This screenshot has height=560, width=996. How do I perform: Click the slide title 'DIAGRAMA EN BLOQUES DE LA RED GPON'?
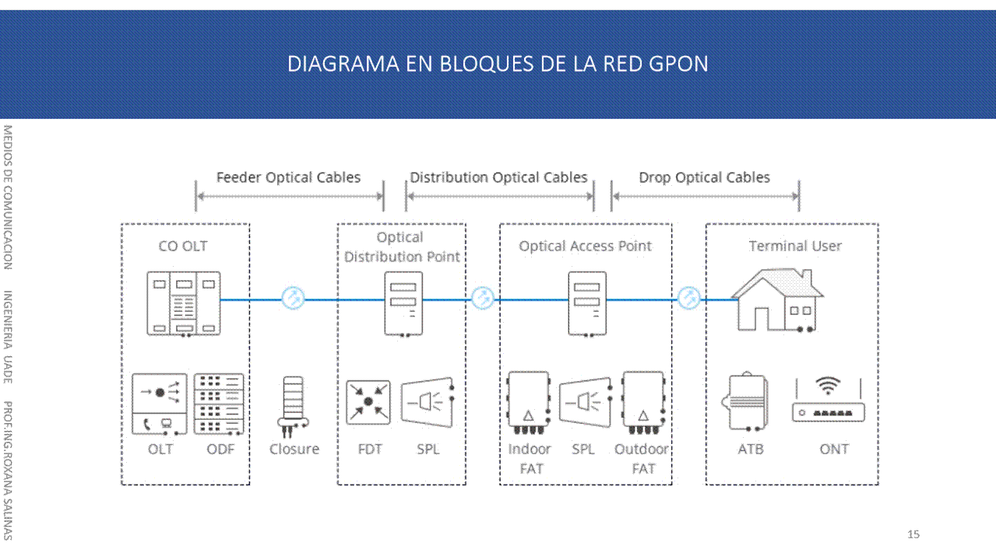click(498, 64)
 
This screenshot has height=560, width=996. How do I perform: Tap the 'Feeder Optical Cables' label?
click(288, 177)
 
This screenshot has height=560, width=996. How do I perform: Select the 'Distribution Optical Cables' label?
click(498, 177)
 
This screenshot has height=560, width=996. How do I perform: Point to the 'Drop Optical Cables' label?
click(704, 177)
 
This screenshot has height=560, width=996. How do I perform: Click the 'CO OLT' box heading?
click(183, 246)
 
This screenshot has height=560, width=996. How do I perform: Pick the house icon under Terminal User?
click(777, 300)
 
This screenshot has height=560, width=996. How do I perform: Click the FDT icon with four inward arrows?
click(368, 402)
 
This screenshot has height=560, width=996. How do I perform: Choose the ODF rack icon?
click(220, 404)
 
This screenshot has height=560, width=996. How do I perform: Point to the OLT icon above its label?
click(160, 404)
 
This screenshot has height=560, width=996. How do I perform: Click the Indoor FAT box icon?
click(529, 402)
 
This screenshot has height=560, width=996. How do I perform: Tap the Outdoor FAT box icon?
click(643, 402)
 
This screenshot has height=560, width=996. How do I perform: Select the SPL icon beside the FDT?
click(428, 402)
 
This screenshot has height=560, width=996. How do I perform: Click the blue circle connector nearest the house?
click(688, 299)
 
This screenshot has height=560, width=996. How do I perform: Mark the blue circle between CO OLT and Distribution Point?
click(294, 299)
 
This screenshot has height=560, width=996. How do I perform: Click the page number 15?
click(913, 534)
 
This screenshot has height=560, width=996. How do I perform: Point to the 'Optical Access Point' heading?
click(586, 246)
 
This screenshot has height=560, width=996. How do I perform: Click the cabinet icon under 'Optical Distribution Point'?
click(403, 303)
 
